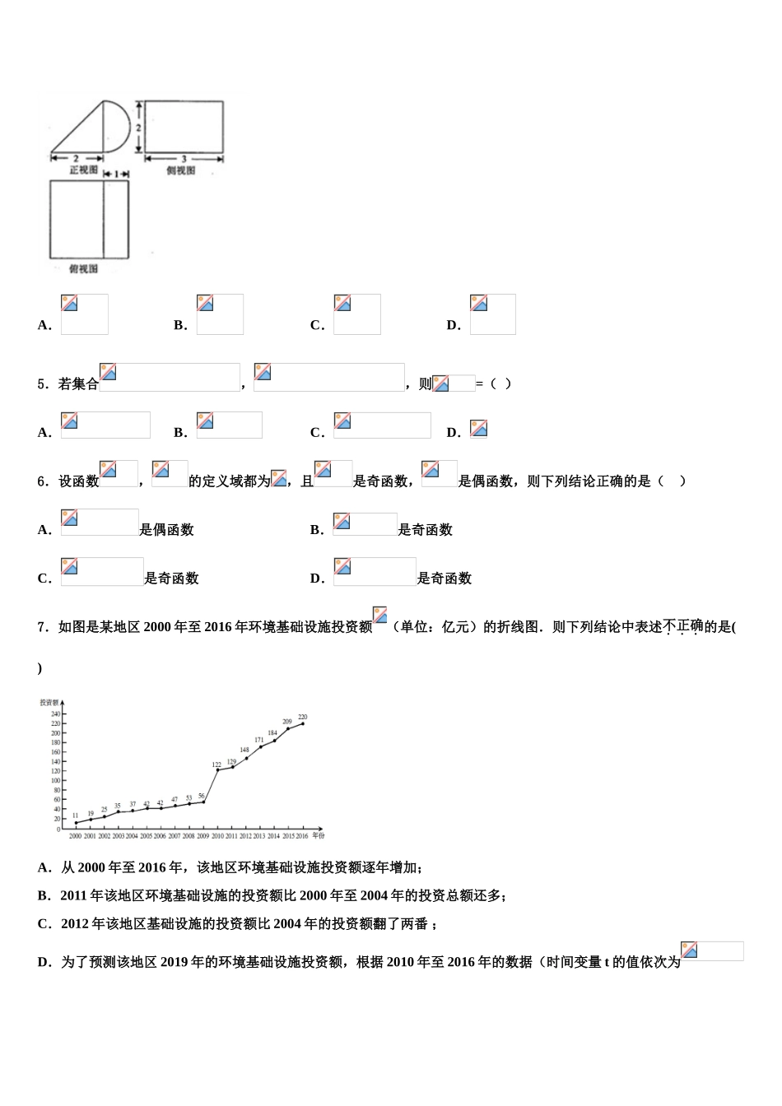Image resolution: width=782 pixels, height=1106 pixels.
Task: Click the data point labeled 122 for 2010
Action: pos(217,770)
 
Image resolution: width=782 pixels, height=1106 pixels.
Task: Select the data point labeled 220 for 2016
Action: pos(303,723)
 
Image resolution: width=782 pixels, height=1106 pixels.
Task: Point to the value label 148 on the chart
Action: pos(244,750)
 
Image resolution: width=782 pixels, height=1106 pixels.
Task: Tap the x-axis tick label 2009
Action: pos(202,836)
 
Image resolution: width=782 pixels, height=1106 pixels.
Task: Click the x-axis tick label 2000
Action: pos(75,836)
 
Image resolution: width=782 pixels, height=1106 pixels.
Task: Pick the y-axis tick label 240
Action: pos(56,713)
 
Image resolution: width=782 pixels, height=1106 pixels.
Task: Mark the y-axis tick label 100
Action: pos(56,781)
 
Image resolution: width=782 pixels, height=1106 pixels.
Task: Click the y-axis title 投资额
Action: pos(49,702)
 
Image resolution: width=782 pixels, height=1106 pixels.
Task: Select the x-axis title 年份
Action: pos(319,836)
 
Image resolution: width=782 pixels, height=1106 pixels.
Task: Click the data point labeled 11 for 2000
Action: pos(76,823)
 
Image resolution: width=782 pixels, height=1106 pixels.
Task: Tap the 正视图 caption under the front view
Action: pos(84,170)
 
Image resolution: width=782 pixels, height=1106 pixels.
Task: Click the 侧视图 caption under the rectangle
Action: pos(181,170)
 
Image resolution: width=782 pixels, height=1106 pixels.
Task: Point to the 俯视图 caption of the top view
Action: pos(84,269)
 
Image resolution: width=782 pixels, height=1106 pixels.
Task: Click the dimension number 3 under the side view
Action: pos(184,159)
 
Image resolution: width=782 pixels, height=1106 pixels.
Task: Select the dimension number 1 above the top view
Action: pos(116,174)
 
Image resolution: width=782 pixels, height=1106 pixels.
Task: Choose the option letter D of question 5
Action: pos(453,433)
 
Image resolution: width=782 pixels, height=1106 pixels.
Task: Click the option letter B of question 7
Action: pos(44,896)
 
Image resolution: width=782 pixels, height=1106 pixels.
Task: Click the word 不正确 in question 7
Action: pos(682,626)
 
